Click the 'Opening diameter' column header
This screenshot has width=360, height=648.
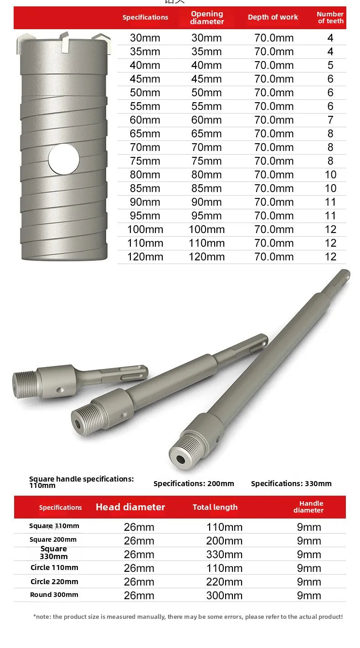207,18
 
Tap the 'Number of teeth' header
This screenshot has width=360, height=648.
330,18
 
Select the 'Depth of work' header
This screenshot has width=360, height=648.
273,17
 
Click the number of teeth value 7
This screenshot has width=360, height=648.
330,120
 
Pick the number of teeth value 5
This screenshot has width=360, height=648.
330,65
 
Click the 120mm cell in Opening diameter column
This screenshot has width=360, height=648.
206,257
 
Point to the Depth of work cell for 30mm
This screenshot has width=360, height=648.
274,38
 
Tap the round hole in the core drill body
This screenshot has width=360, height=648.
64,159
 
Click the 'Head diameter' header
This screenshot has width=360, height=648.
130,507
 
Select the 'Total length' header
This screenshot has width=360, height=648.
215,507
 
